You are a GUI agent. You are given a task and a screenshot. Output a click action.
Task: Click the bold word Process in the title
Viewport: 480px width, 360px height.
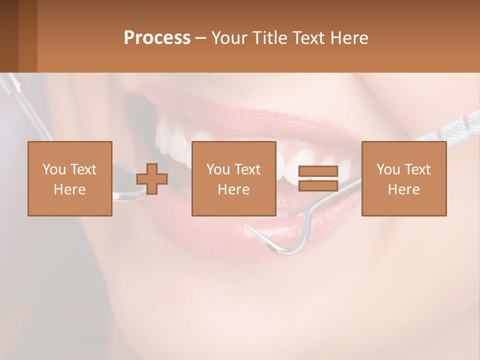157,38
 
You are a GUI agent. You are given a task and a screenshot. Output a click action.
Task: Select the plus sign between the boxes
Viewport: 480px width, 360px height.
152,178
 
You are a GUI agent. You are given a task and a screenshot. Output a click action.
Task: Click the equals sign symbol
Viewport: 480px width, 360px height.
318,178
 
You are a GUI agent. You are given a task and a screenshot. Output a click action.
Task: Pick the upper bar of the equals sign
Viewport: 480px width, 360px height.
318,171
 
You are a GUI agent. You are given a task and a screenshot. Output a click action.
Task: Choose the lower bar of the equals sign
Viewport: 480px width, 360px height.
318,186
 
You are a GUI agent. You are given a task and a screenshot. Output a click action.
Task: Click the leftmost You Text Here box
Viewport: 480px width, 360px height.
69,178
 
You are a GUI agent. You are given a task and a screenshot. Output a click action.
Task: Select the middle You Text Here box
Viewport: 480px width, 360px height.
233,178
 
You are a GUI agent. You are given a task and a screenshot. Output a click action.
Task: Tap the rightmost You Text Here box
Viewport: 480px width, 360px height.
403,178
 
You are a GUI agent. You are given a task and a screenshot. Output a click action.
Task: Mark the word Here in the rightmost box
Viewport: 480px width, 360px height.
403,189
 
